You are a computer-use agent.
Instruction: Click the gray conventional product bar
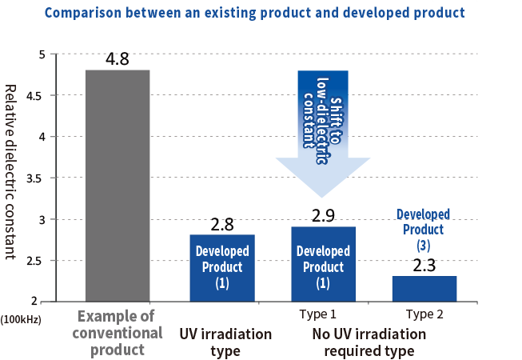point(118,186)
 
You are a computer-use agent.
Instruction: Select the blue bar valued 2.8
point(222,268)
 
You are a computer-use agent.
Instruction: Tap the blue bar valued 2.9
point(323,264)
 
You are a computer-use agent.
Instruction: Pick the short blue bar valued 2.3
point(424,289)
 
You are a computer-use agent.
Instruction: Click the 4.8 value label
point(118,59)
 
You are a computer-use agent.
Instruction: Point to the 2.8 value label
point(222,225)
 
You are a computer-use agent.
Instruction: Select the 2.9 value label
point(323,215)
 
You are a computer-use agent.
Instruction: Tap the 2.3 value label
point(424,266)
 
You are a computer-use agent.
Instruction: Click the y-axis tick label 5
point(42,54)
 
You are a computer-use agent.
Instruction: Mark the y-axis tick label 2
point(34,301)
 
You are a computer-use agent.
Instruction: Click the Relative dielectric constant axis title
point(10,172)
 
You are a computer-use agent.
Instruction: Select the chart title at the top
point(255,13)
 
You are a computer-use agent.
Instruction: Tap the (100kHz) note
point(21,320)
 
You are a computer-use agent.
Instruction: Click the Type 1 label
point(317,314)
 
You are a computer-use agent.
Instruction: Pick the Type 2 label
point(424,314)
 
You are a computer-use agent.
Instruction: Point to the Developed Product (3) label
point(423,230)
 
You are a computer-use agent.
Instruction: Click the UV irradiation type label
point(225,342)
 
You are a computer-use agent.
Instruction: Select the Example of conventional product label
point(118,333)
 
